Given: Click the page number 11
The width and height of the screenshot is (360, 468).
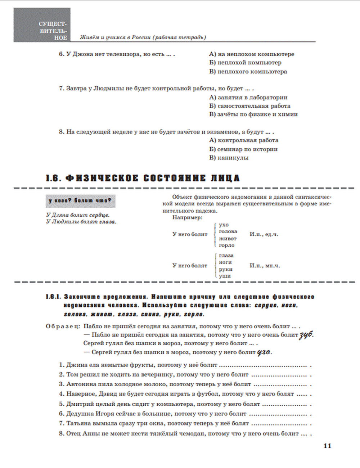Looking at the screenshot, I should pos(327,446).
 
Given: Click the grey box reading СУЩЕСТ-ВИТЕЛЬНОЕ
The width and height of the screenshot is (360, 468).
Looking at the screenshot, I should pos(42,25).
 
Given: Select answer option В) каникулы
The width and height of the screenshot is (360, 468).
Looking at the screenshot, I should pos(229,158).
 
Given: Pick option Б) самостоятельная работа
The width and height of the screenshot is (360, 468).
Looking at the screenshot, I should pos(249,106).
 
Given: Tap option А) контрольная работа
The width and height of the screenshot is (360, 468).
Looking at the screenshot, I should pos(243,140).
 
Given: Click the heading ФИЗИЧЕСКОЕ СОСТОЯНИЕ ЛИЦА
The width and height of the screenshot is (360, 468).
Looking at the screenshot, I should pos(143,178).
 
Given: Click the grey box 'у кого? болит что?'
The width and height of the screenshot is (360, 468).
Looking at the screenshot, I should pos(80,201).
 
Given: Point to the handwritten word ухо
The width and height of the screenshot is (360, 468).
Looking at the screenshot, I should pos(264,352).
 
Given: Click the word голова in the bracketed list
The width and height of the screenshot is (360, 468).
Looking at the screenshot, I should pos(228,231).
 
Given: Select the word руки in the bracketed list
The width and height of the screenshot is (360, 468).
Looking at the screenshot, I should pos(226,269).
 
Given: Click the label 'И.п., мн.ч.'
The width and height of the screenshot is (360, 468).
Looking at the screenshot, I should pos(265,266).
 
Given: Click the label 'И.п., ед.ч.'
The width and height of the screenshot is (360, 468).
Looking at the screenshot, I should pos(264,234).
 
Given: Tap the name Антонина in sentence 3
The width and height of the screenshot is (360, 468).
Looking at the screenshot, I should pos(81,384).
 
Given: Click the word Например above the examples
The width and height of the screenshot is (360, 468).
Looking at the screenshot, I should pos(187,217).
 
